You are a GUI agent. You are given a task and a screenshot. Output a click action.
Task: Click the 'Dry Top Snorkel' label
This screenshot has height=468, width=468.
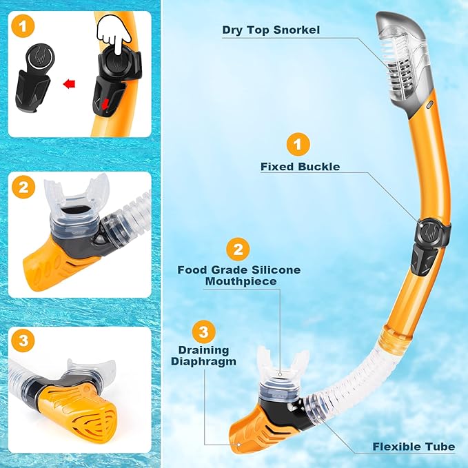(x=272, y=30)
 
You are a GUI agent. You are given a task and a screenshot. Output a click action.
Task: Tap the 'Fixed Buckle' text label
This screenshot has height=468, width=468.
(x=300, y=166)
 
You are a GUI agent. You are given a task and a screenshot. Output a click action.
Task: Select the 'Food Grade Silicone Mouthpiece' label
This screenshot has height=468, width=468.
(x=239, y=275)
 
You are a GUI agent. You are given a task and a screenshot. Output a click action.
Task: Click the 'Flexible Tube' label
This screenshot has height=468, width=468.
(x=414, y=447)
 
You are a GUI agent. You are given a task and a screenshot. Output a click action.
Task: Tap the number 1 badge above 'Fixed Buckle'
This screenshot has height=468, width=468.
(x=298, y=145)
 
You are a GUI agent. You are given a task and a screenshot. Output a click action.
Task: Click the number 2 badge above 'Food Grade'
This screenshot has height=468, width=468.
(x=238, y=249)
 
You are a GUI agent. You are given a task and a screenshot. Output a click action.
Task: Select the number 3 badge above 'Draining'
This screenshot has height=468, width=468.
(x=203, y=331)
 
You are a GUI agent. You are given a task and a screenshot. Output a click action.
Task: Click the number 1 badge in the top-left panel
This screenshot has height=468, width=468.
(x=25, y=28)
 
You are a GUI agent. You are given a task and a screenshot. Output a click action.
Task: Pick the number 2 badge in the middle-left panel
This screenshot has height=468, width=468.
(x=25, y=186)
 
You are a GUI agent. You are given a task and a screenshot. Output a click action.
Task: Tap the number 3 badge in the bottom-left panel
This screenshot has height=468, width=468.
(x=25, y=340)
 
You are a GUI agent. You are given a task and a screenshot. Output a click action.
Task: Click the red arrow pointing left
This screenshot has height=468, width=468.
(x=68, y=85)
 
